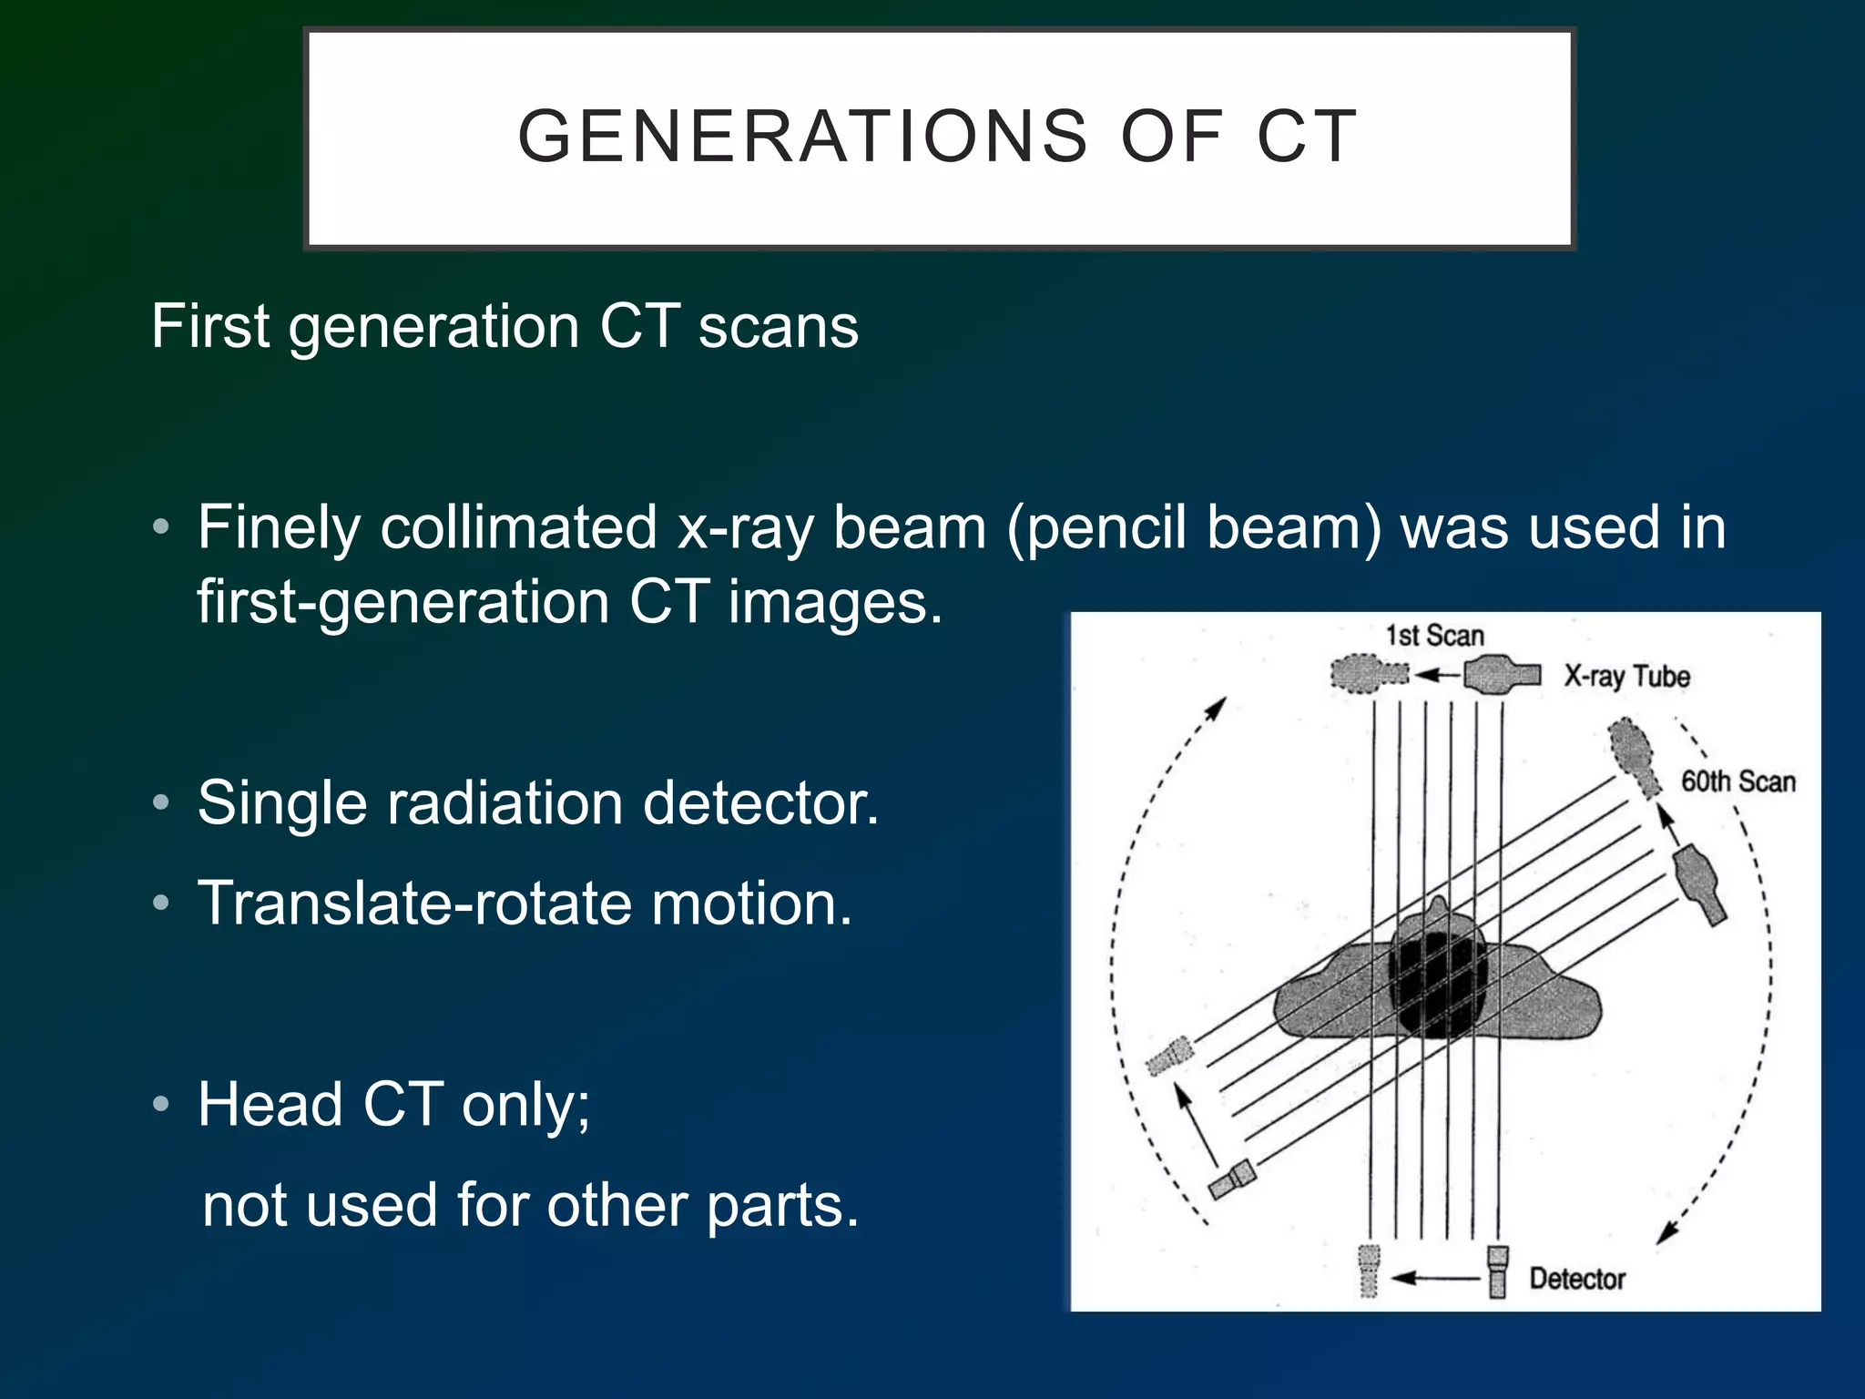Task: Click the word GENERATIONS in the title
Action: (802, 137)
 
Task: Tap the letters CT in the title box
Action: (1308, 137)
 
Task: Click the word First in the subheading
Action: (210, 326)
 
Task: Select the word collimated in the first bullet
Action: (518, 527)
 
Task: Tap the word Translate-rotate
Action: (414, 904)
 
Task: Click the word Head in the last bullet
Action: (270, 1105)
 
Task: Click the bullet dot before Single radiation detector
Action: (161, 802)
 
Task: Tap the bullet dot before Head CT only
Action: (161, 1104)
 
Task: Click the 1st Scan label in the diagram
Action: (1434, 636)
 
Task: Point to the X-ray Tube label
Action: (1626, 677)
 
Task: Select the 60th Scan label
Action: (1738, 781)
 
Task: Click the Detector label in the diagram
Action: (1576, 1279)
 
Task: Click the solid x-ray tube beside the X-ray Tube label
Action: (1501, 675)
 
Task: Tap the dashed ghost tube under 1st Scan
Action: (1366, 675)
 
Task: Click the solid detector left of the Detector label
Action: (1498, 1271)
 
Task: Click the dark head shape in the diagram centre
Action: (1437, 984)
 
